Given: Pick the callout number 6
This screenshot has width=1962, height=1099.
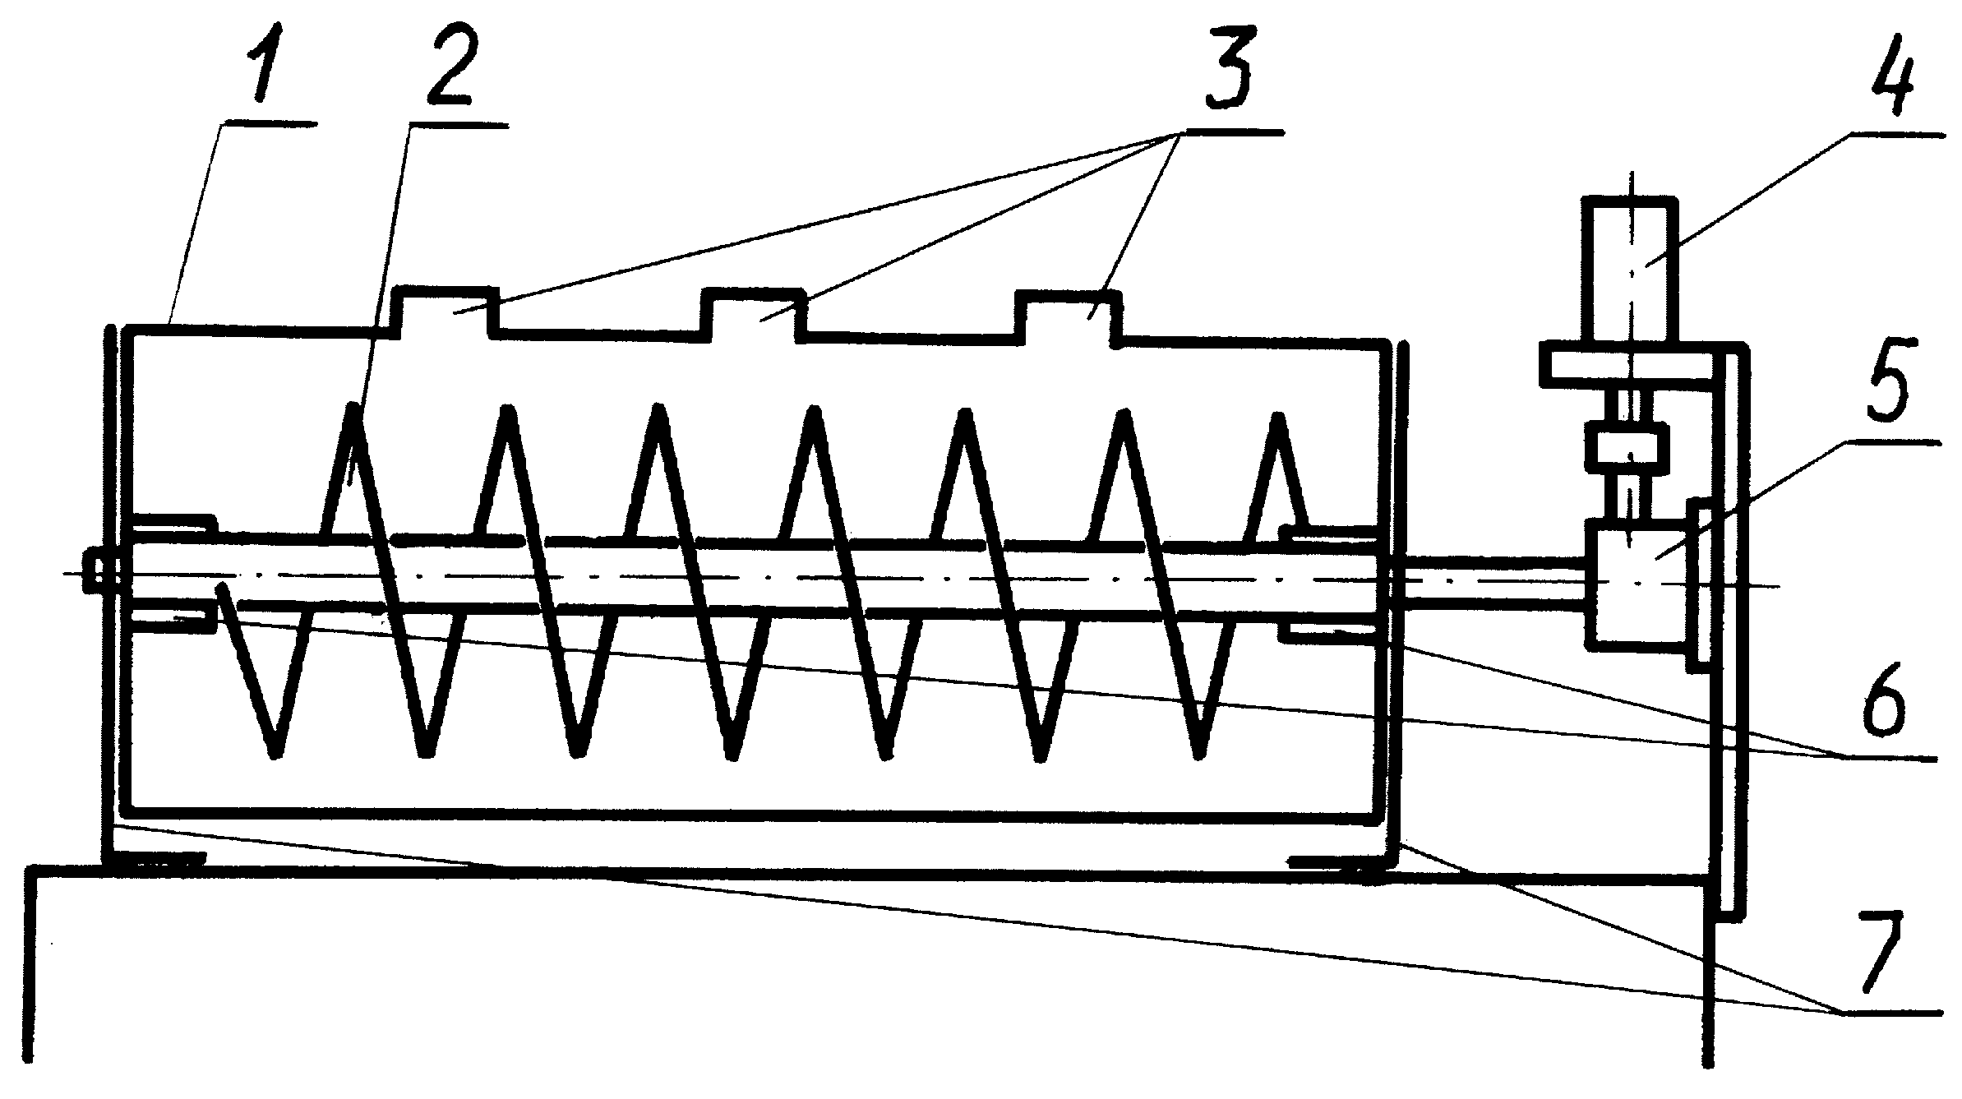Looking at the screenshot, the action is (x=1890, y=695).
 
